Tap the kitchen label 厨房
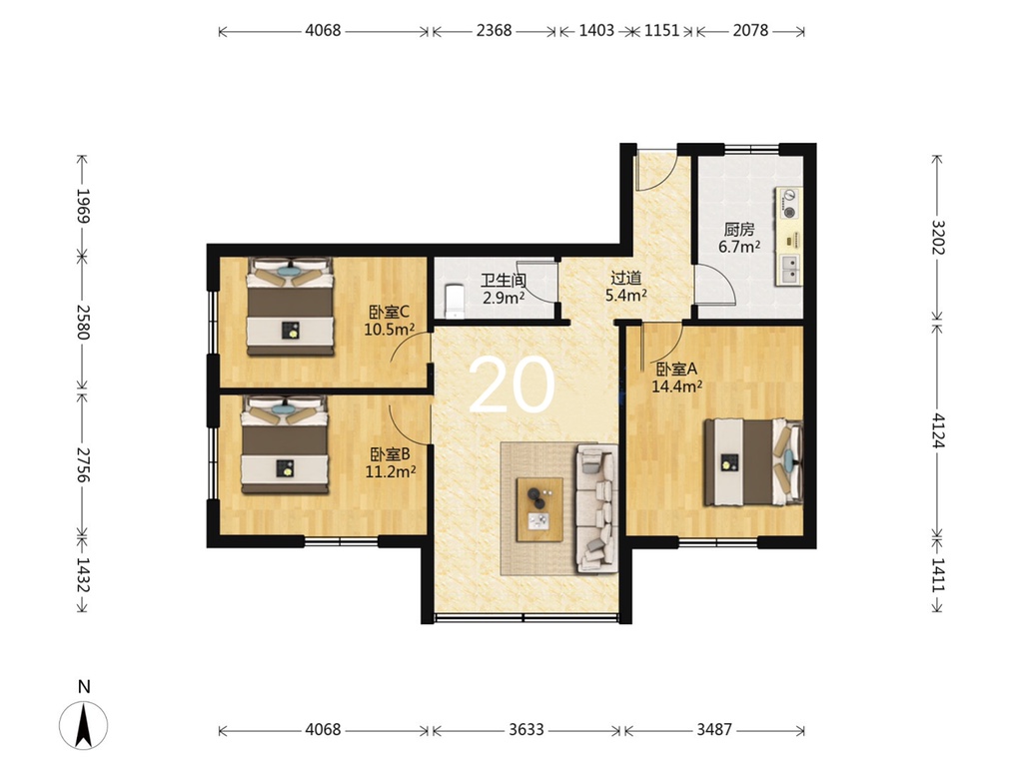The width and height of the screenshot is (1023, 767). click(x=739, y=230)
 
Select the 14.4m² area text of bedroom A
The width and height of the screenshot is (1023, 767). click(x=676, y=386)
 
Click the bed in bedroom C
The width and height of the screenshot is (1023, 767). click(x=291, y=306)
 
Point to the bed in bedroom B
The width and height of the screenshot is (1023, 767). click(x=285, y=444)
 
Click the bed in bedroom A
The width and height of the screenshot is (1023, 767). click(x=753, y=462)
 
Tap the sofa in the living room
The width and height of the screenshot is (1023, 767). click(x=596, y=508)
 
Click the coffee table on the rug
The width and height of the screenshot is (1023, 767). click(x=539, y=509)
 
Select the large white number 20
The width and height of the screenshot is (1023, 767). click(x=511, y=386)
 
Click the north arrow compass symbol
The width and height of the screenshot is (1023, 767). click(x=84, y=724)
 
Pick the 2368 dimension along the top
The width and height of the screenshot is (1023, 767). click(x=494, y=31)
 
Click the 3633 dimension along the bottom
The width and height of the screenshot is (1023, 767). click(x=525, y=729)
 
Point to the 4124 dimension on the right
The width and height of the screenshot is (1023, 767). click(x=937, y=430)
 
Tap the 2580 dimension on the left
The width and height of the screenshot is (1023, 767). click(x=82, y=322)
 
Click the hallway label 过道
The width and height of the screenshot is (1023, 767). click(x=625, y=279)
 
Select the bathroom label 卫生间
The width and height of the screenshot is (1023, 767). click(x=504, y=281)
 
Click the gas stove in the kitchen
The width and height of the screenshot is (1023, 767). click(x=789, y=204)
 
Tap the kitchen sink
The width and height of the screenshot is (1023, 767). click(x=789, y=269)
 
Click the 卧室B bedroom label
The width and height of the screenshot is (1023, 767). click(x=390, y=454)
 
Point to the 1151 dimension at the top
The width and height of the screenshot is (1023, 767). click(x=661, y=31)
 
